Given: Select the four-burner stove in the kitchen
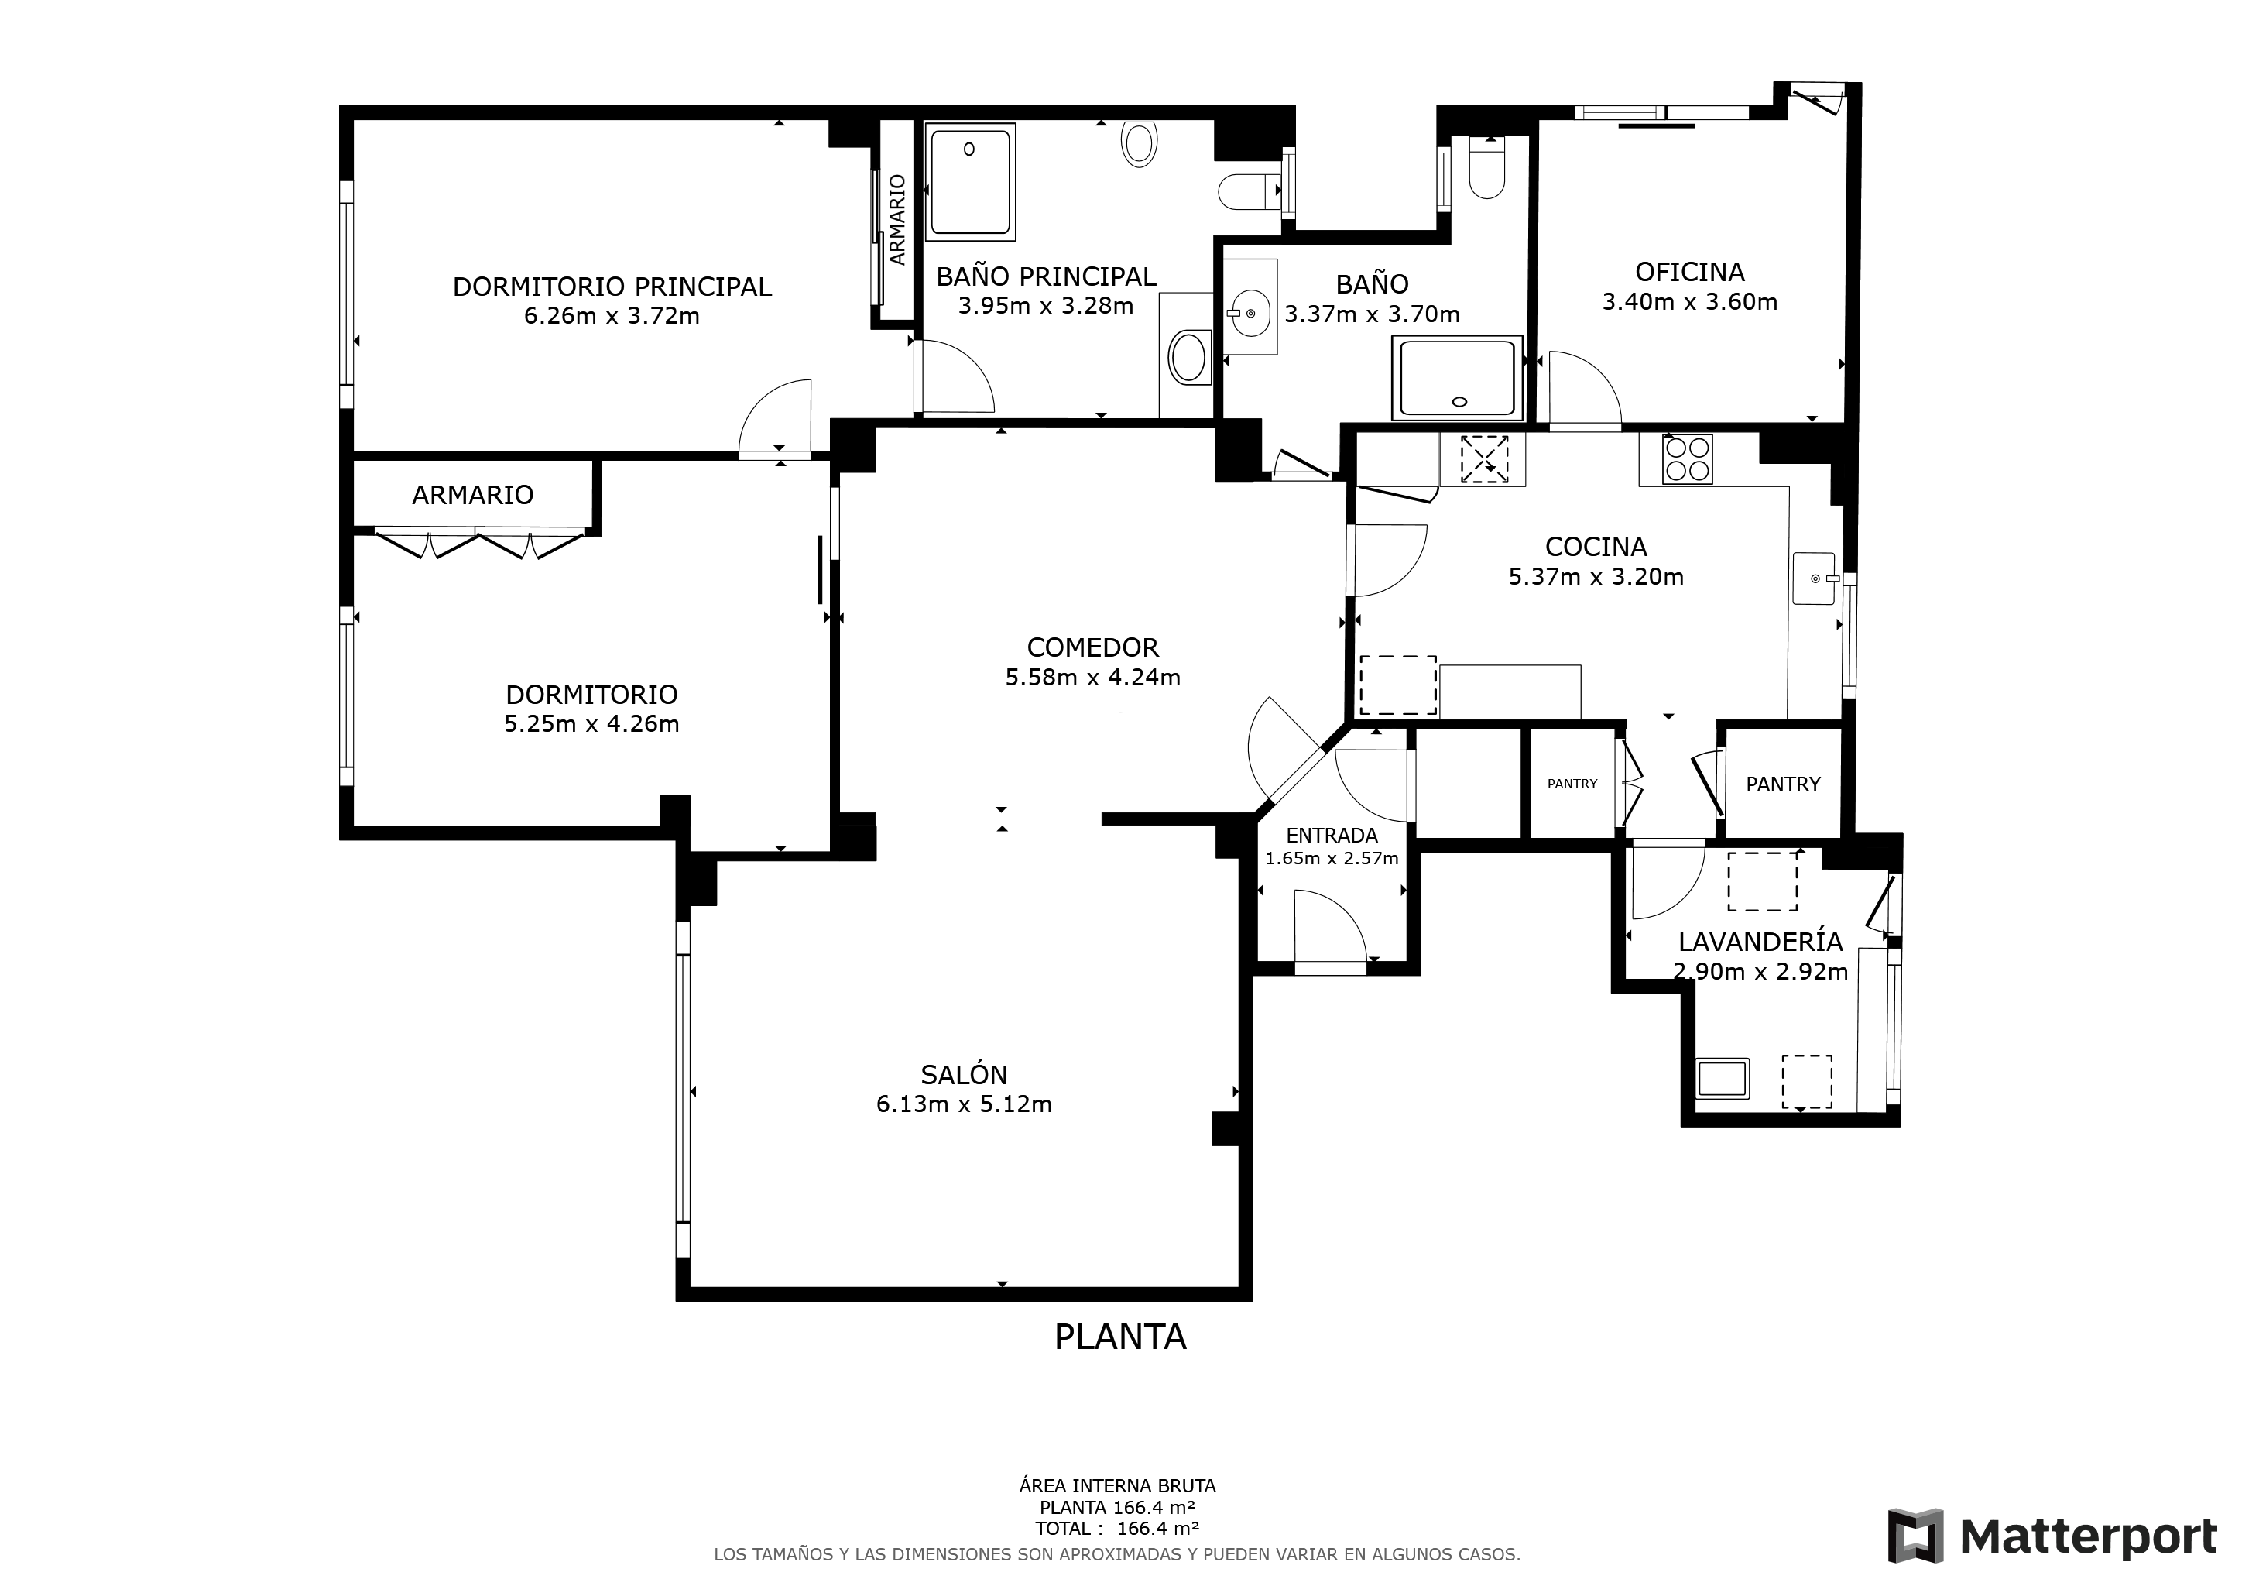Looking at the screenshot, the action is [x=1688, y=459].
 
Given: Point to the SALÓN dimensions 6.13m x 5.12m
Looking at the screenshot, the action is [x=964, y=1104].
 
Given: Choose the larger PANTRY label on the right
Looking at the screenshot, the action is [x=1783, y=784].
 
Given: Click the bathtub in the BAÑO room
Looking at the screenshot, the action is [x=1457, y=378].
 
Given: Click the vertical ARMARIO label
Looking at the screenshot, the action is [x=897, y=220].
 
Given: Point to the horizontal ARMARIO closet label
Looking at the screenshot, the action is [x=472, y=495].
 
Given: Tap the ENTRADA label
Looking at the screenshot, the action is [x=1332, y=835].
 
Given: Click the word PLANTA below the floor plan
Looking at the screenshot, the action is [x=1120, y=1336].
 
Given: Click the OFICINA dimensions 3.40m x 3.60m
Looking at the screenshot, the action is [x=1689, y=302].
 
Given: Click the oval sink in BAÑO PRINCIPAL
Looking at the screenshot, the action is [x=1188, y=358].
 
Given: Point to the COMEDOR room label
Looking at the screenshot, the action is [x=1092, y=647].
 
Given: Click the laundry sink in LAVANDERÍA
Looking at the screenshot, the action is [x=1723, y=1079].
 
